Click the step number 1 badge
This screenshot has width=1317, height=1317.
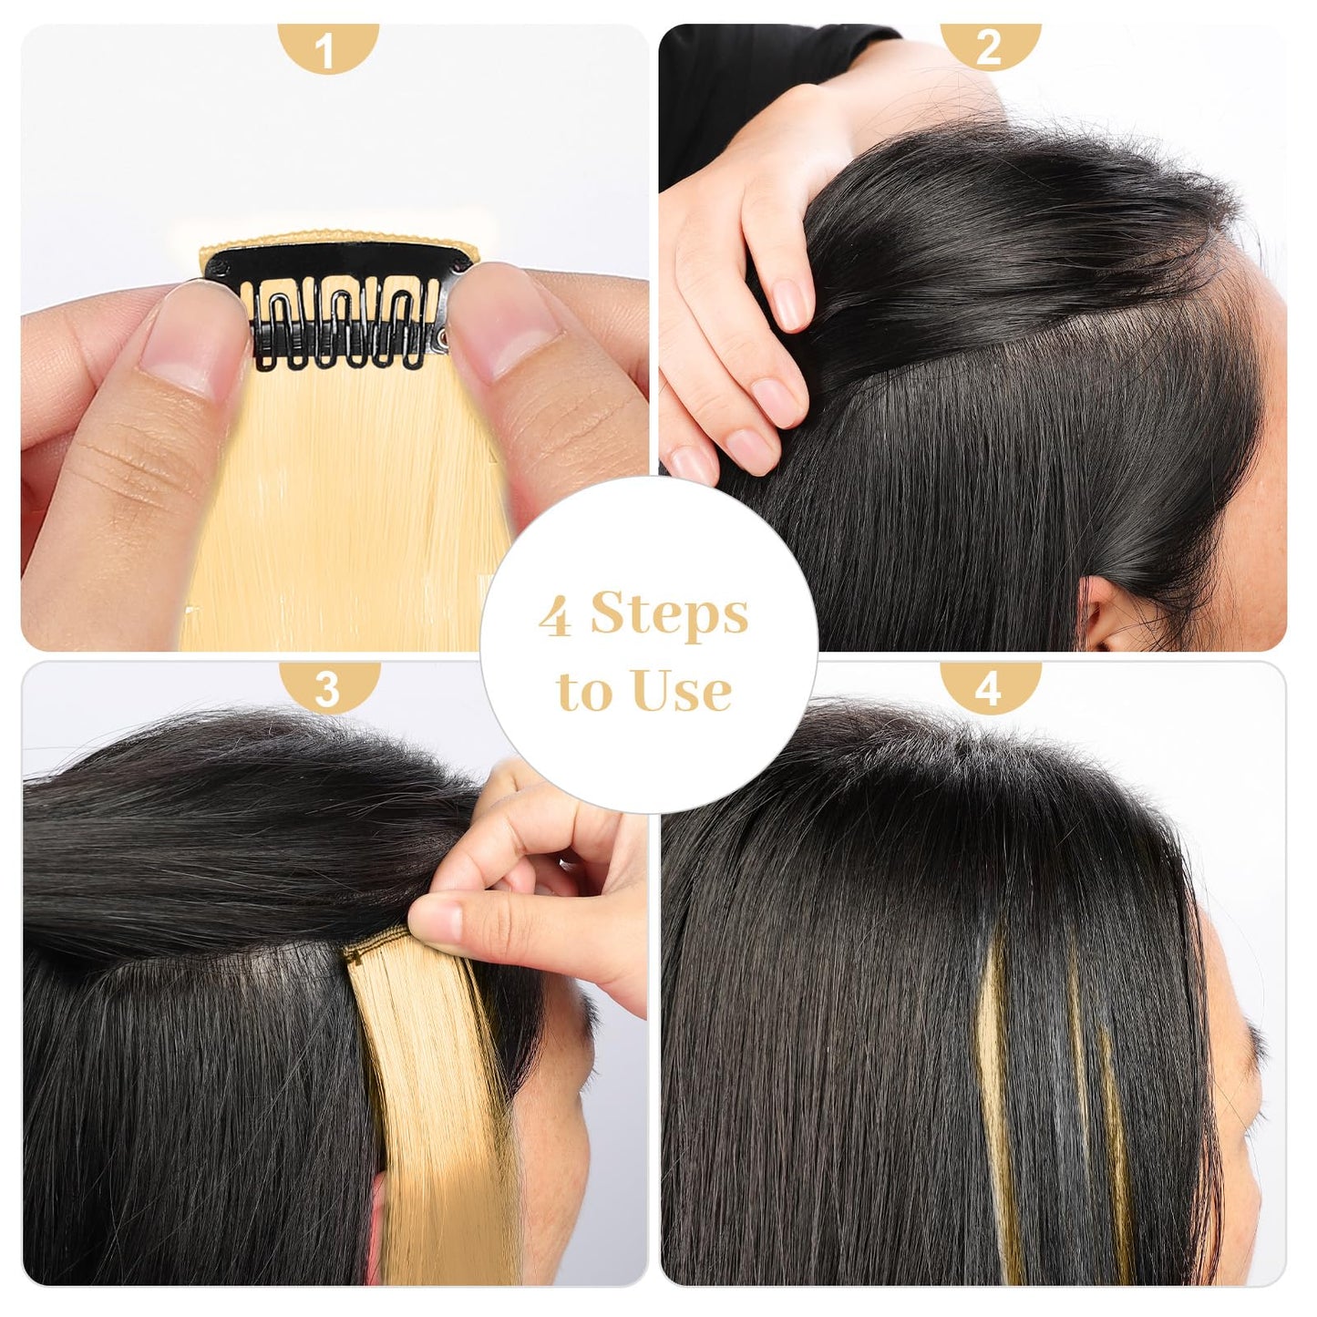coord(329,47)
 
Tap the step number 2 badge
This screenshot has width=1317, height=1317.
coord(990,47)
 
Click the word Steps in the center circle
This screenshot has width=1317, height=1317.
coord(669,615)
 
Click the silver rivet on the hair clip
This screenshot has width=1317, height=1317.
coord(444,335)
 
